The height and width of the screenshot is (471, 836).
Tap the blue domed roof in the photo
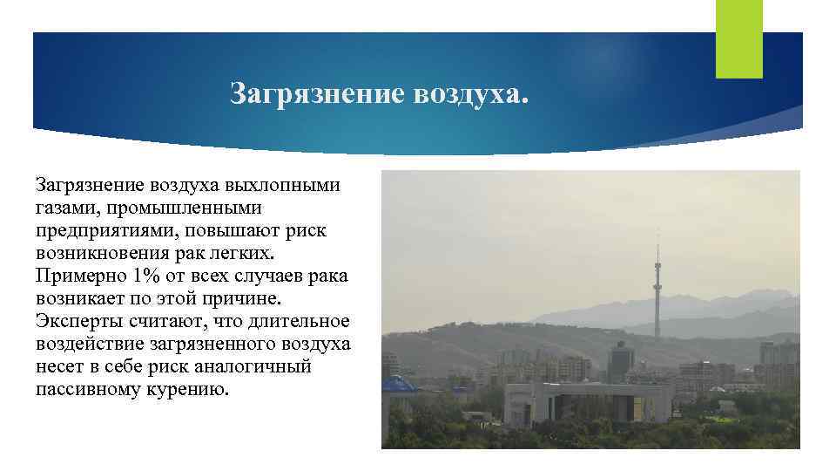[400, 384]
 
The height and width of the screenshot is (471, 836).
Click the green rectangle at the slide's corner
[738, 38]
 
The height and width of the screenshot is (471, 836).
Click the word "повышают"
[253, 230]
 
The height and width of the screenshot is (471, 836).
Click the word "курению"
[192, 389]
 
